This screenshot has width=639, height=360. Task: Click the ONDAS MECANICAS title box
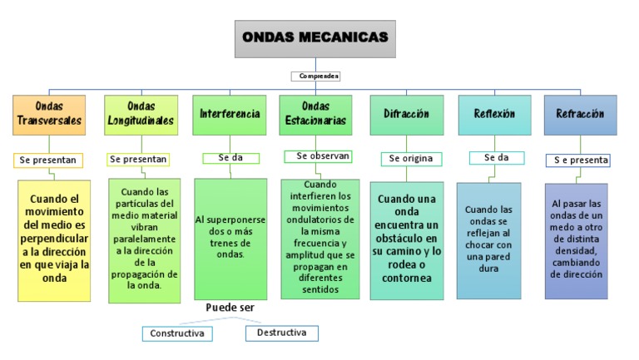pyautogui.click(x=315, y=38)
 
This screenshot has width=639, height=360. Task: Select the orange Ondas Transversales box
pyautogui.click(x=50, y=114)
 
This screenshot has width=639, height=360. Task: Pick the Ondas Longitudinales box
pyautogui.click(x=141, y=114)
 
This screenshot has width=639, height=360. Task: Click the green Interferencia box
pyautogui.click(x=230, y=114)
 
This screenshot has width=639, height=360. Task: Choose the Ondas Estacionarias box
pyautogui.click(x=316, y=114)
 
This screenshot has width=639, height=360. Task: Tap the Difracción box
pyautogui.click(x=406, y=114)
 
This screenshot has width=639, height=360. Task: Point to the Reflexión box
pyautogui.click(x=494, y=114)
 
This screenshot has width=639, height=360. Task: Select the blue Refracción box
pyautogui.click(x=580, y=115)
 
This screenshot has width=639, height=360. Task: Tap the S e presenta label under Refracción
pyautogui.click(x=581, y=160)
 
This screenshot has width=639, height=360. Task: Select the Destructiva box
pyautogui.click(x=281, y=333)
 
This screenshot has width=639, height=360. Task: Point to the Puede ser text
pyautogui.click(x=230, y=308)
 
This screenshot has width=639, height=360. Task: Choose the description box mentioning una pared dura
pyautogui.click(x=488, y=240)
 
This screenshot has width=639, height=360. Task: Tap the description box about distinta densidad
pyautogui.click(x=576, y=239)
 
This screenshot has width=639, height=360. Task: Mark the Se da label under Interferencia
pyautogui.click(x=230, y=157)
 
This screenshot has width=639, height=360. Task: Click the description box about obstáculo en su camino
pyautogui.click(x=406, y=239)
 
